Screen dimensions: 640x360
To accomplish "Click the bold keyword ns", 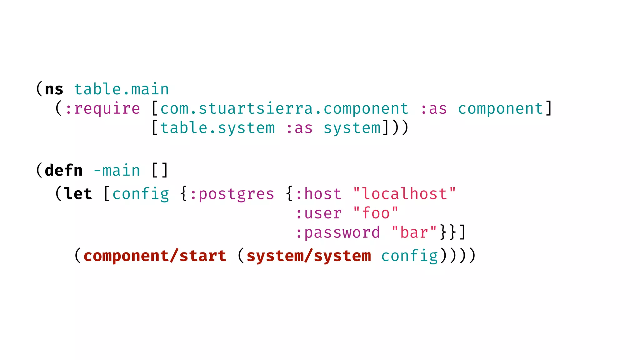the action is coord(54,90).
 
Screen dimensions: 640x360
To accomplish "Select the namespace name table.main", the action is coord(121,90).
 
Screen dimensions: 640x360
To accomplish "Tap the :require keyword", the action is coord(102,109).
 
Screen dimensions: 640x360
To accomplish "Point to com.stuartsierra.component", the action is coord(284,109).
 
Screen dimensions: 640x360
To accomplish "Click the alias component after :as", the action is coord(501,109).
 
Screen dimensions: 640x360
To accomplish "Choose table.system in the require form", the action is coord(217,128).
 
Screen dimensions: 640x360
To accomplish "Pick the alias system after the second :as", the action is coord(352,128).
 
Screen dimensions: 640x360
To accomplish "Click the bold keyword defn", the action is coord(64,171).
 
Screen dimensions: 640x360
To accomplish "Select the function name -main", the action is coord(117,171).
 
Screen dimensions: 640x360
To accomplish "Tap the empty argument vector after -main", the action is coord(160,171).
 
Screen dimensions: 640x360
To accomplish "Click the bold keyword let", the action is coord(78,194).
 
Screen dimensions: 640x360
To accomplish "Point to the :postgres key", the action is coord(232,194).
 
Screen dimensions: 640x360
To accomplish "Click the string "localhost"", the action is coord(404,194).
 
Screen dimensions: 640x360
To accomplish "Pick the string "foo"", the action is coord(376,214).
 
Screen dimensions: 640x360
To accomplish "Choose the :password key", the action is coord(337,233).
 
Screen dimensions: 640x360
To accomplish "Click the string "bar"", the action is coord(414,233).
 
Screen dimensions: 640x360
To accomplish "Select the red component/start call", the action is coord(155,256).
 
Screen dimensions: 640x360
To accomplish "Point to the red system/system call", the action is coord(309,256).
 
